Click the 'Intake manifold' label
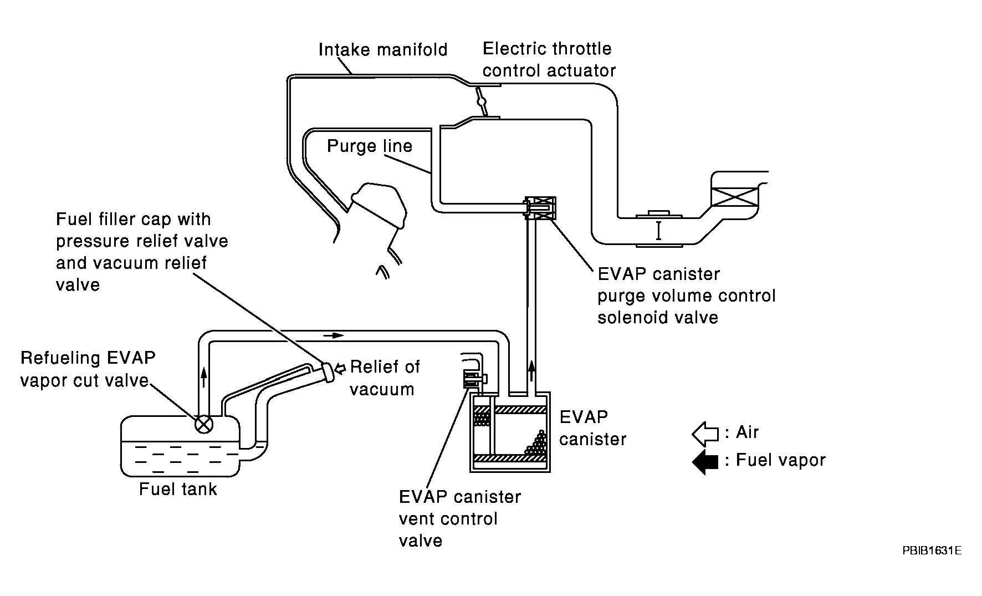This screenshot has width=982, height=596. [x=383, y=49]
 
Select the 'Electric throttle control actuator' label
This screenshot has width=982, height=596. [x=549, y=59]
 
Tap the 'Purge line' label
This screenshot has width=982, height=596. [x=370, y=146]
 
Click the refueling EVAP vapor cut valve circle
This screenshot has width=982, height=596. [x=204, y=425]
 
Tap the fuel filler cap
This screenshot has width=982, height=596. [x=329, y=371]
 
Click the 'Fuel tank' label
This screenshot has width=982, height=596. [x=178, y=489]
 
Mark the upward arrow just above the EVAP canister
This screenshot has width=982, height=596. [x=531, y=370]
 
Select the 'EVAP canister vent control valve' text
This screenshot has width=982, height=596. [x=460, y=519]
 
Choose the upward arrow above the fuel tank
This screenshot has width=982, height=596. [x=204, y=377]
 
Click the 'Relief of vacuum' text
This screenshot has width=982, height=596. [x=385, y=378]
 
